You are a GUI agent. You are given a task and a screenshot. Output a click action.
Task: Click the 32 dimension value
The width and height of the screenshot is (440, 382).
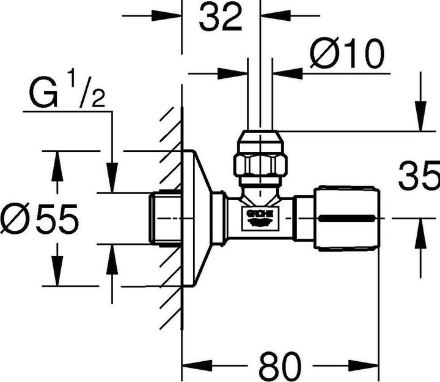pyautogui.click(x=221, y=18)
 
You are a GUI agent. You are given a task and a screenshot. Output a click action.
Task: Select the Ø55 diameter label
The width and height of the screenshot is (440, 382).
pyautogui.click(x=40, y=219)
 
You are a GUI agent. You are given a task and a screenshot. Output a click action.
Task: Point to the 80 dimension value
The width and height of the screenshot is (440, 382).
pyautogui.click(x=280, y=367)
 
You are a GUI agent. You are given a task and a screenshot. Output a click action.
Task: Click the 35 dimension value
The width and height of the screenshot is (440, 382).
pyautogui.click(x=419, y=177)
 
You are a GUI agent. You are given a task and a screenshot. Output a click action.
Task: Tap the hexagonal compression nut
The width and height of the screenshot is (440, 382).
pyautogui.click(x=260, y=164)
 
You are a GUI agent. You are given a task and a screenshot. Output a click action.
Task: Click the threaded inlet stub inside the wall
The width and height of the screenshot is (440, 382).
pyautogui.click(x=165, y=219)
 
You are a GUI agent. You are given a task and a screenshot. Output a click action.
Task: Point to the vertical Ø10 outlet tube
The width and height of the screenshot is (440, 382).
pyautogui.click(x=260, y=92)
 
